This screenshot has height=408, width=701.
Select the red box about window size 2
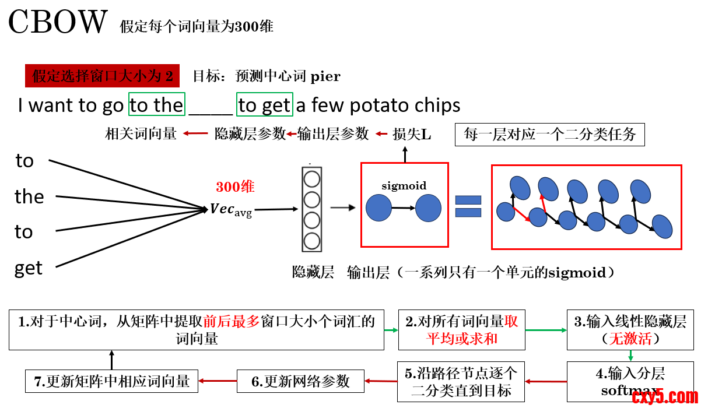click(x=103, y=76)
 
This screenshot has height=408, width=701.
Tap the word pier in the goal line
click(x=325, y=76)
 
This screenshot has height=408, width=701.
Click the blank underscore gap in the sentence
click(x=211, y=107)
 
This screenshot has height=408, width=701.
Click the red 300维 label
click(x=235, y=187)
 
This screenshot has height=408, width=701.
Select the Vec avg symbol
click(x=231, y=210)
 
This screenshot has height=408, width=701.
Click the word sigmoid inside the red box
click(x=404, y=186)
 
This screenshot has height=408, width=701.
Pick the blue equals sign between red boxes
click(x=468, y=206)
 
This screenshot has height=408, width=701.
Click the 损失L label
click(x=412, y=134)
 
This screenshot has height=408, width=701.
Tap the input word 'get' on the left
click(x=29, y=269)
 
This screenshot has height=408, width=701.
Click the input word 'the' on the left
click(x=29, y=197)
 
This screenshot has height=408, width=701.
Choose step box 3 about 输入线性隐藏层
click(x=630, y=330)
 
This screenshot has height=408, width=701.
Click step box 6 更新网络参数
click(x=300, y=381)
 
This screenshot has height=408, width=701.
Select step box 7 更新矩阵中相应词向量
click(x=111, y=381)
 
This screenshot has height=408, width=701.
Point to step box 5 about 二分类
click(x=461, y=381)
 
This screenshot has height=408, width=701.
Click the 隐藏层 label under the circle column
click(x=313, y=272)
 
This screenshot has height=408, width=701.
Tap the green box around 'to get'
click(x=265, y=104)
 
